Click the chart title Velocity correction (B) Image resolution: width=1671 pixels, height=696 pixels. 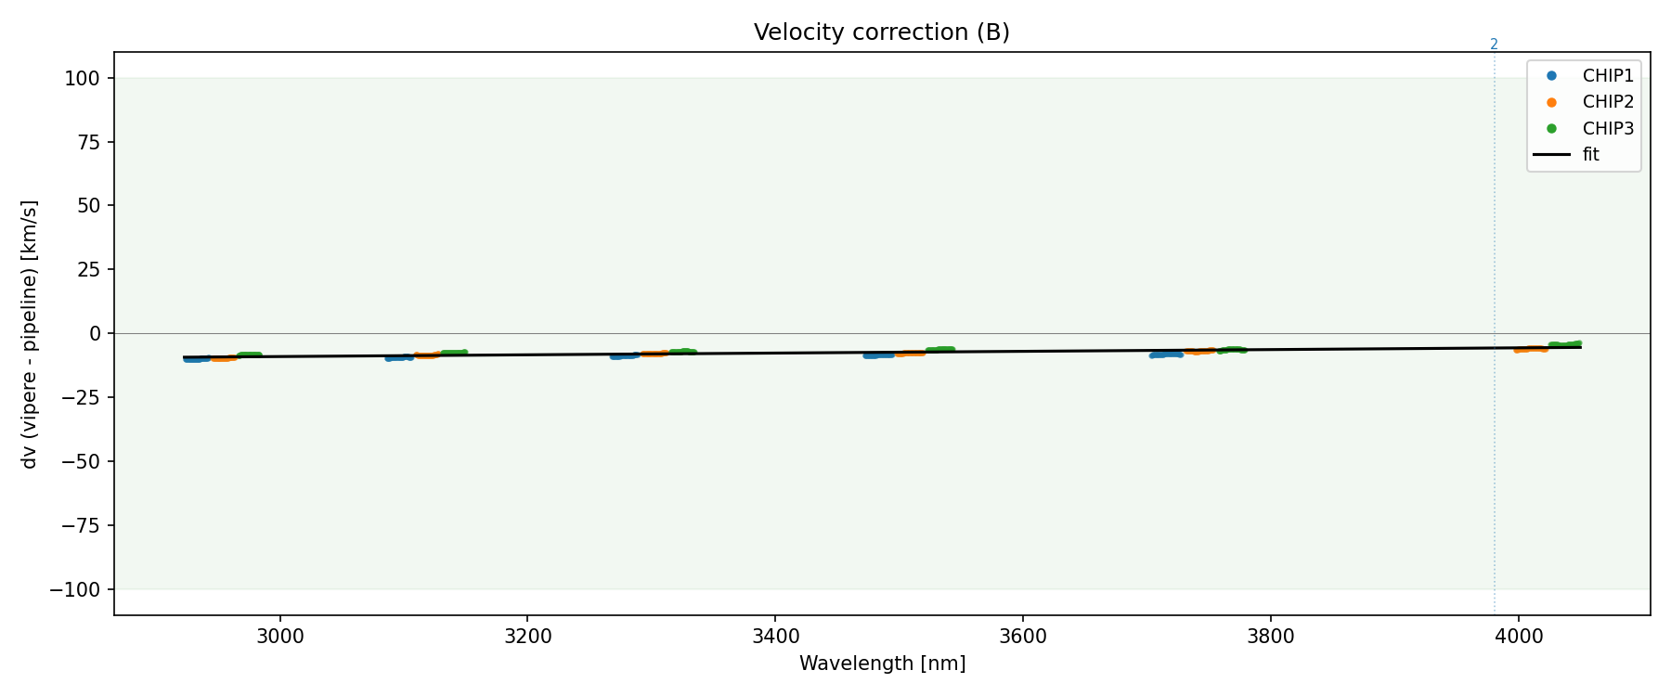point(881,32)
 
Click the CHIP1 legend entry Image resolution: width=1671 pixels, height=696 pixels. point(1608,76)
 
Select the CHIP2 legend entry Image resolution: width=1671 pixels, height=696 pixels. point(1608,102)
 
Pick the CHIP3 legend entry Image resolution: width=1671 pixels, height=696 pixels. point(1608,129)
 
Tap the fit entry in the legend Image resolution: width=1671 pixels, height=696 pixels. point(1591,155)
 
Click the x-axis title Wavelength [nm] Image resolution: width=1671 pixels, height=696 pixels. point(882,664)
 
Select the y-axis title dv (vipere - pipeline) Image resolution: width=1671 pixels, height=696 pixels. point(30,333)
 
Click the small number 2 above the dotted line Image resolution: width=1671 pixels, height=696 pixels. point(1494,44)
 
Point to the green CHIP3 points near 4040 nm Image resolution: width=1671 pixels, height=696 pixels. point(1565,345)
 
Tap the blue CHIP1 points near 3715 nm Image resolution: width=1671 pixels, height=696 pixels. point(1166,354)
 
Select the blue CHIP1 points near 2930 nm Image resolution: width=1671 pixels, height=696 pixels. point(196,358)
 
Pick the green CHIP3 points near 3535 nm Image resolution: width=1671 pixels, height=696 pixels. point(939,350)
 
